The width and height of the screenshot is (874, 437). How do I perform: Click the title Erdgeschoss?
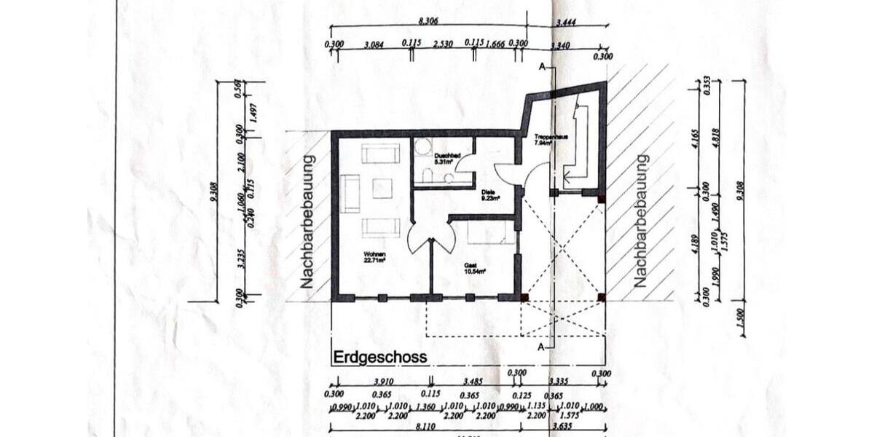click(380, 358)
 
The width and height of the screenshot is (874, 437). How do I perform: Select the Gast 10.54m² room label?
click(476, 269)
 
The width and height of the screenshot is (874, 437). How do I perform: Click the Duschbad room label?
click(446, 159)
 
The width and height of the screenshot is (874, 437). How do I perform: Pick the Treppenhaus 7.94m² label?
click(546, 140)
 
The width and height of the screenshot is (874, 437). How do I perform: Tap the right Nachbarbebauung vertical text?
click(640, 220)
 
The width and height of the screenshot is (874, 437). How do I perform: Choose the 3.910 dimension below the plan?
click(384, 381)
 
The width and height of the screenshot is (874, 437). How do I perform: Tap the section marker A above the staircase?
click(542, 66)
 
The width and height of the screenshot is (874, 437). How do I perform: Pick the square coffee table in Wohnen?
click(382, 189)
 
